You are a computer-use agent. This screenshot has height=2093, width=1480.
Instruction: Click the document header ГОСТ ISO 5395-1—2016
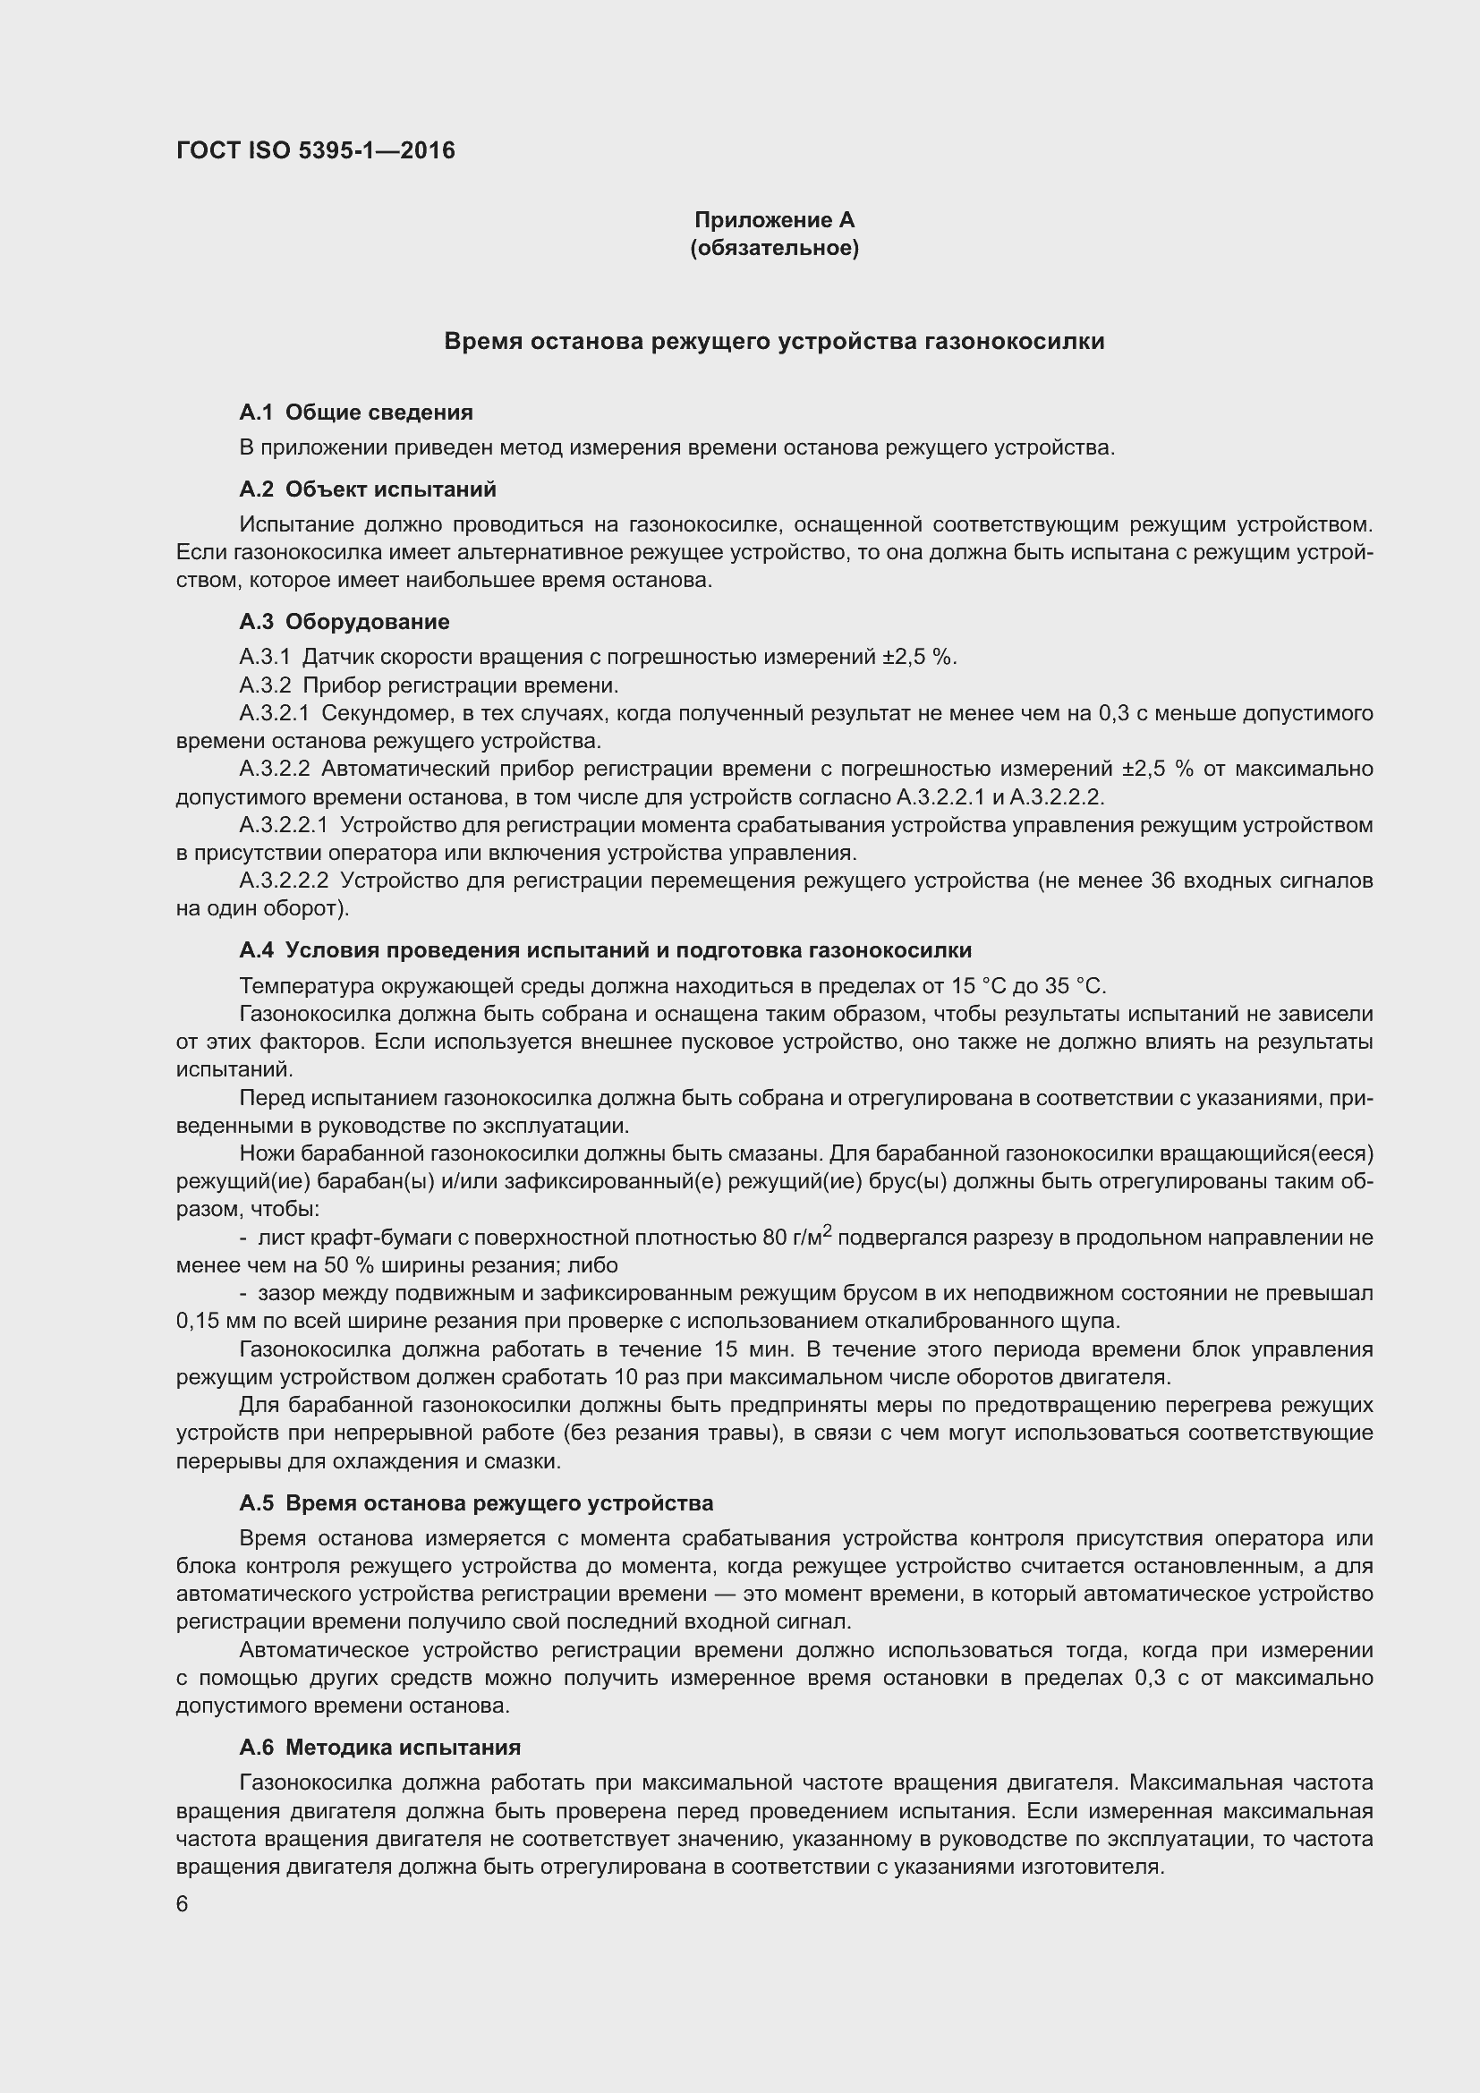coord(315,151)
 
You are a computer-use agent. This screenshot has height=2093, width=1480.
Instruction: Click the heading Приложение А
coord(774,220)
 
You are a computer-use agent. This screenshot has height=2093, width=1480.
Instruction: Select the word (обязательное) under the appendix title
coord(774,248)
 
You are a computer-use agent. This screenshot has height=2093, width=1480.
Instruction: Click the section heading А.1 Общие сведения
coord(355,413)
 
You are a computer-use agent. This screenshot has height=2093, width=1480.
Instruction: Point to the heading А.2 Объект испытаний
coord(367,489)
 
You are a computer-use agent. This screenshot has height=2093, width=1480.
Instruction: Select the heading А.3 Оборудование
coord(344,622)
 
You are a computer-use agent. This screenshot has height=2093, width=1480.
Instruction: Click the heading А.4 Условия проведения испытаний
coord(605,950)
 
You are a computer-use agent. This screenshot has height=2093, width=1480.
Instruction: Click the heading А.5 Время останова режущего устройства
coord(476,1503)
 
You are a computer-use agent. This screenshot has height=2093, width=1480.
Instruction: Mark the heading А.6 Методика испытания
coord(379,1748)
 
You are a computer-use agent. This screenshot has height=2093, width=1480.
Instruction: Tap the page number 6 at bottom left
coord(183,1904)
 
